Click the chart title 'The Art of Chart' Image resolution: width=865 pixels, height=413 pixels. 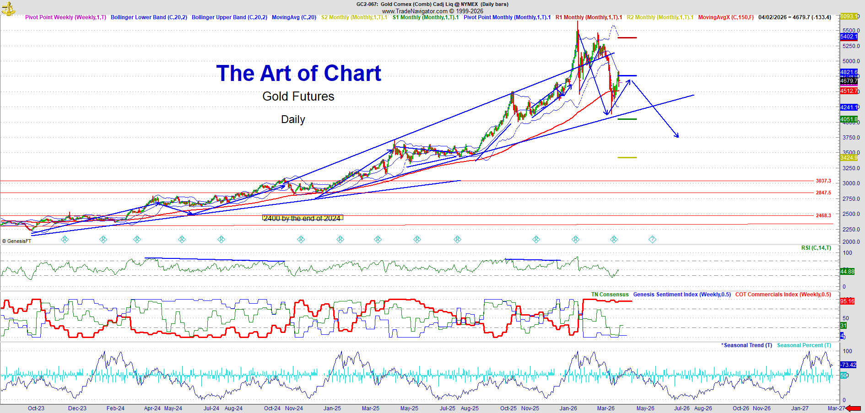point(298,73)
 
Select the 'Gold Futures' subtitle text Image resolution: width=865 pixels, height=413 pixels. point(298,97)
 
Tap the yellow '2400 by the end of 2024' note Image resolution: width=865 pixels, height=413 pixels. point(302,218)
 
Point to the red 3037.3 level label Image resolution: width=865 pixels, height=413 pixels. point(823,181)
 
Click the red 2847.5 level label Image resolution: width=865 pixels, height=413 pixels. point(823,193)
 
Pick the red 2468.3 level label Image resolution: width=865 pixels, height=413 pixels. point(823,215)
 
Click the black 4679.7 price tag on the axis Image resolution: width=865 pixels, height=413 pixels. point(849,81)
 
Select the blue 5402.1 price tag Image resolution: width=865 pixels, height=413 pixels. point(848,37)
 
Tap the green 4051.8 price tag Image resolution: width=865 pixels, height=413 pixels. point(849,119)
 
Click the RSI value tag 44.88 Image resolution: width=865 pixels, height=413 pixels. point(847,272)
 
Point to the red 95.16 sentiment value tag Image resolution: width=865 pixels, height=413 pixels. point(847,301)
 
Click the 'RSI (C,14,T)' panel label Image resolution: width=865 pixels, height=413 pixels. point(816,248)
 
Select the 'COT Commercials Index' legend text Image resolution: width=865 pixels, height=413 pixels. point(783,295)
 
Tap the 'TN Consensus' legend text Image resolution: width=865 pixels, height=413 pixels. point(610,295)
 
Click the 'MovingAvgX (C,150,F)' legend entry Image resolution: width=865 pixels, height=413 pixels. point(725,17)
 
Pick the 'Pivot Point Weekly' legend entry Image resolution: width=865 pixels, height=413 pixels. point(65,17)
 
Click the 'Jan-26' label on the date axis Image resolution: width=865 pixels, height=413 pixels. point(568,408)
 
